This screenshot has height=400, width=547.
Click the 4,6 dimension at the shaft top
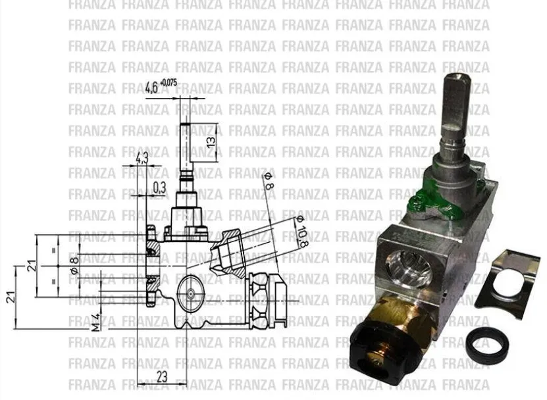[152, 86]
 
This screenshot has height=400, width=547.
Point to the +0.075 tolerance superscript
[169, 82]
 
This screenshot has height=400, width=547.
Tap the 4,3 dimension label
[142, 158]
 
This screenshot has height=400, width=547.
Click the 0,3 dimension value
[159, 187]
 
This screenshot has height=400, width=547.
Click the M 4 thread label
[95, 320]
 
